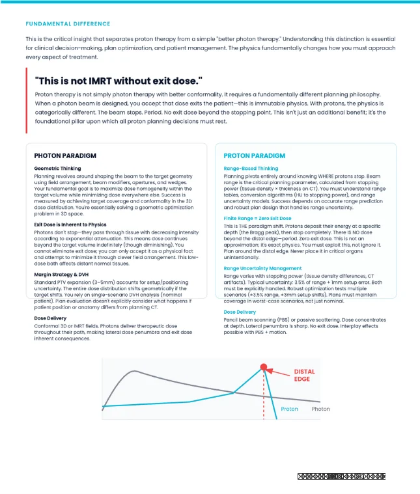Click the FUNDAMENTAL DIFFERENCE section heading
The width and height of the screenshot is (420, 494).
[68, 23]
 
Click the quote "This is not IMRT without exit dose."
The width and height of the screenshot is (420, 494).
[119, 80]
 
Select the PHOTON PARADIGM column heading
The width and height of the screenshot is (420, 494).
[65, 156]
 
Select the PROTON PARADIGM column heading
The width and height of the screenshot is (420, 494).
[255, 156]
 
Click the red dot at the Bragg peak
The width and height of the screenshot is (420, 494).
[264, 366]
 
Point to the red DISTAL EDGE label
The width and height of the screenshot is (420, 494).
[304, 376]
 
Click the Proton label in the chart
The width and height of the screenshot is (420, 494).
[289, 409]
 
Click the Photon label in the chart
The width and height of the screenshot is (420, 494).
[320, 409]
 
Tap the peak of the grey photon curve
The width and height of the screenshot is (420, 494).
[133, 371]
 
